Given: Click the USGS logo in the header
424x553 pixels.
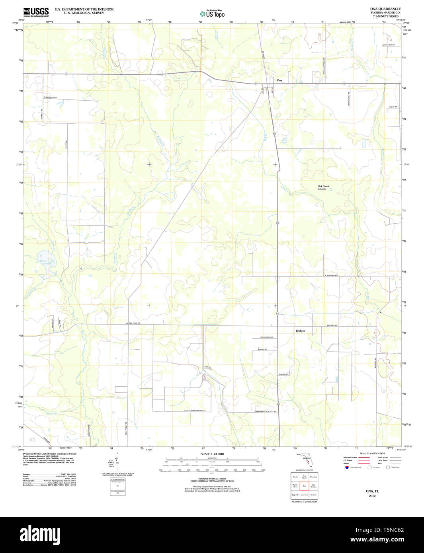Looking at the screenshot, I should click(x=36, y=12).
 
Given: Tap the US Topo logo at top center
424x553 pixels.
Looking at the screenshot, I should click(x=212, y=14).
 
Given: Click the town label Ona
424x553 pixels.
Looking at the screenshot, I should click(x=279, y=80).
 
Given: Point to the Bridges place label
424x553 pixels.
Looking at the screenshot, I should click(x=300, y=331).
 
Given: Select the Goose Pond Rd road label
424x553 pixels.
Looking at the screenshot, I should click(x=133, y=323).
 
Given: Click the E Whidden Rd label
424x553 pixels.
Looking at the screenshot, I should click(x=331, y=275).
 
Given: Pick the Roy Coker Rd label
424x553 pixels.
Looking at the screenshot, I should click(x=266, y=337).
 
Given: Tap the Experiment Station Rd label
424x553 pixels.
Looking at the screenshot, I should click(x=266, y=411).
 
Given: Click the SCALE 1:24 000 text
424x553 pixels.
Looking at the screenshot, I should click(x=212, y=454).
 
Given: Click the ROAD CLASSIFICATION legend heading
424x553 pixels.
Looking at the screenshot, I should click(x=372, y=454).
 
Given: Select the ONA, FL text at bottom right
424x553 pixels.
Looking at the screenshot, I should click(x=372, y=491).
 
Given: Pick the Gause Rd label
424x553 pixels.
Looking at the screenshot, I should click(x=283, y=374).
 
